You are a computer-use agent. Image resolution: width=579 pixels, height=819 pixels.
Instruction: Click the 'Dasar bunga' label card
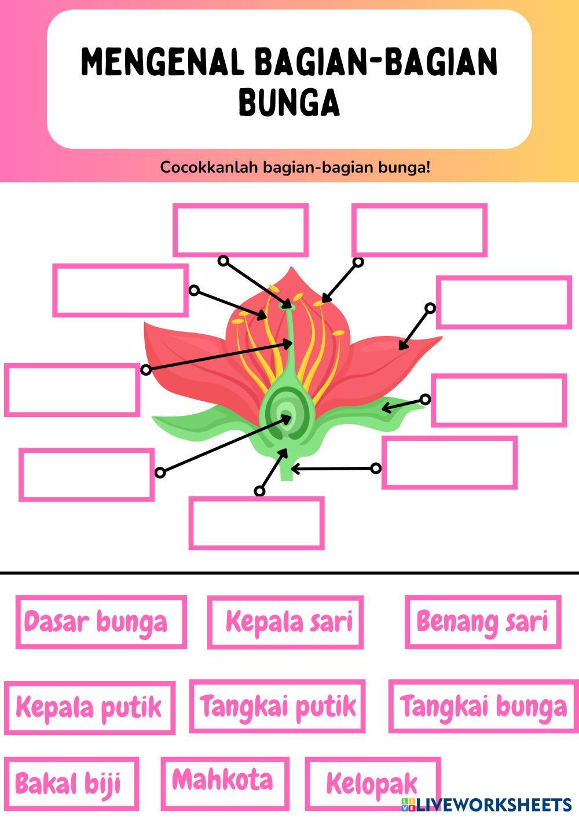point(101,621)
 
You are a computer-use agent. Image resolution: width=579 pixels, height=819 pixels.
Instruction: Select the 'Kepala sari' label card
point(285,621)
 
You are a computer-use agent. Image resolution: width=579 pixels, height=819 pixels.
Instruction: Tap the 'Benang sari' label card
point(482,621)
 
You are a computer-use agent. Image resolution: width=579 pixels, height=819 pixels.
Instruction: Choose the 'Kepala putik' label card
point(90,707)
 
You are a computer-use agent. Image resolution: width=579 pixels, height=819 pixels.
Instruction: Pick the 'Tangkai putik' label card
point(277,706)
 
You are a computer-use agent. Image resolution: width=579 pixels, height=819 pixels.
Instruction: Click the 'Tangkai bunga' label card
point(483,706)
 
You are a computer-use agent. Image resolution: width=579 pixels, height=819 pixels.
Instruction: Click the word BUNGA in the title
point(289,103)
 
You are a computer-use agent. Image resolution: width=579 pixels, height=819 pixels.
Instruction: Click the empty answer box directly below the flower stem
point(256,523)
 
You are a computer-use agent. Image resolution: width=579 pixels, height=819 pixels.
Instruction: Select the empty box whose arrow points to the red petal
point(504,302)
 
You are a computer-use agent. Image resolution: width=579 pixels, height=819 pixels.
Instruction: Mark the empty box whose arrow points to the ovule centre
point(87,474)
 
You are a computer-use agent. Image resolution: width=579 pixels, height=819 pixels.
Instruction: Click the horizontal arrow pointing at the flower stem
point(335,468)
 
